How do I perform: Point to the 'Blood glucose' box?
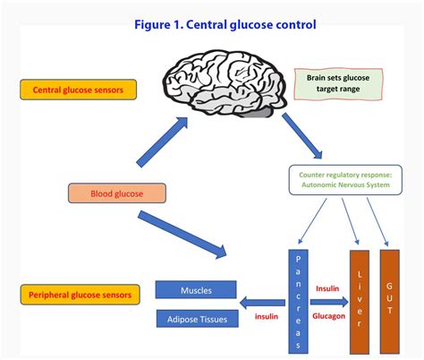[x=116, y=193]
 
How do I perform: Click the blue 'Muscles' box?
[x=196, y=289]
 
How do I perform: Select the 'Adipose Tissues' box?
[x=196, y=318]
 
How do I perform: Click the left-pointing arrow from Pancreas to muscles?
[x=261, y=302]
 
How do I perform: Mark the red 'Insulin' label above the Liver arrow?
[x=326, y=288]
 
